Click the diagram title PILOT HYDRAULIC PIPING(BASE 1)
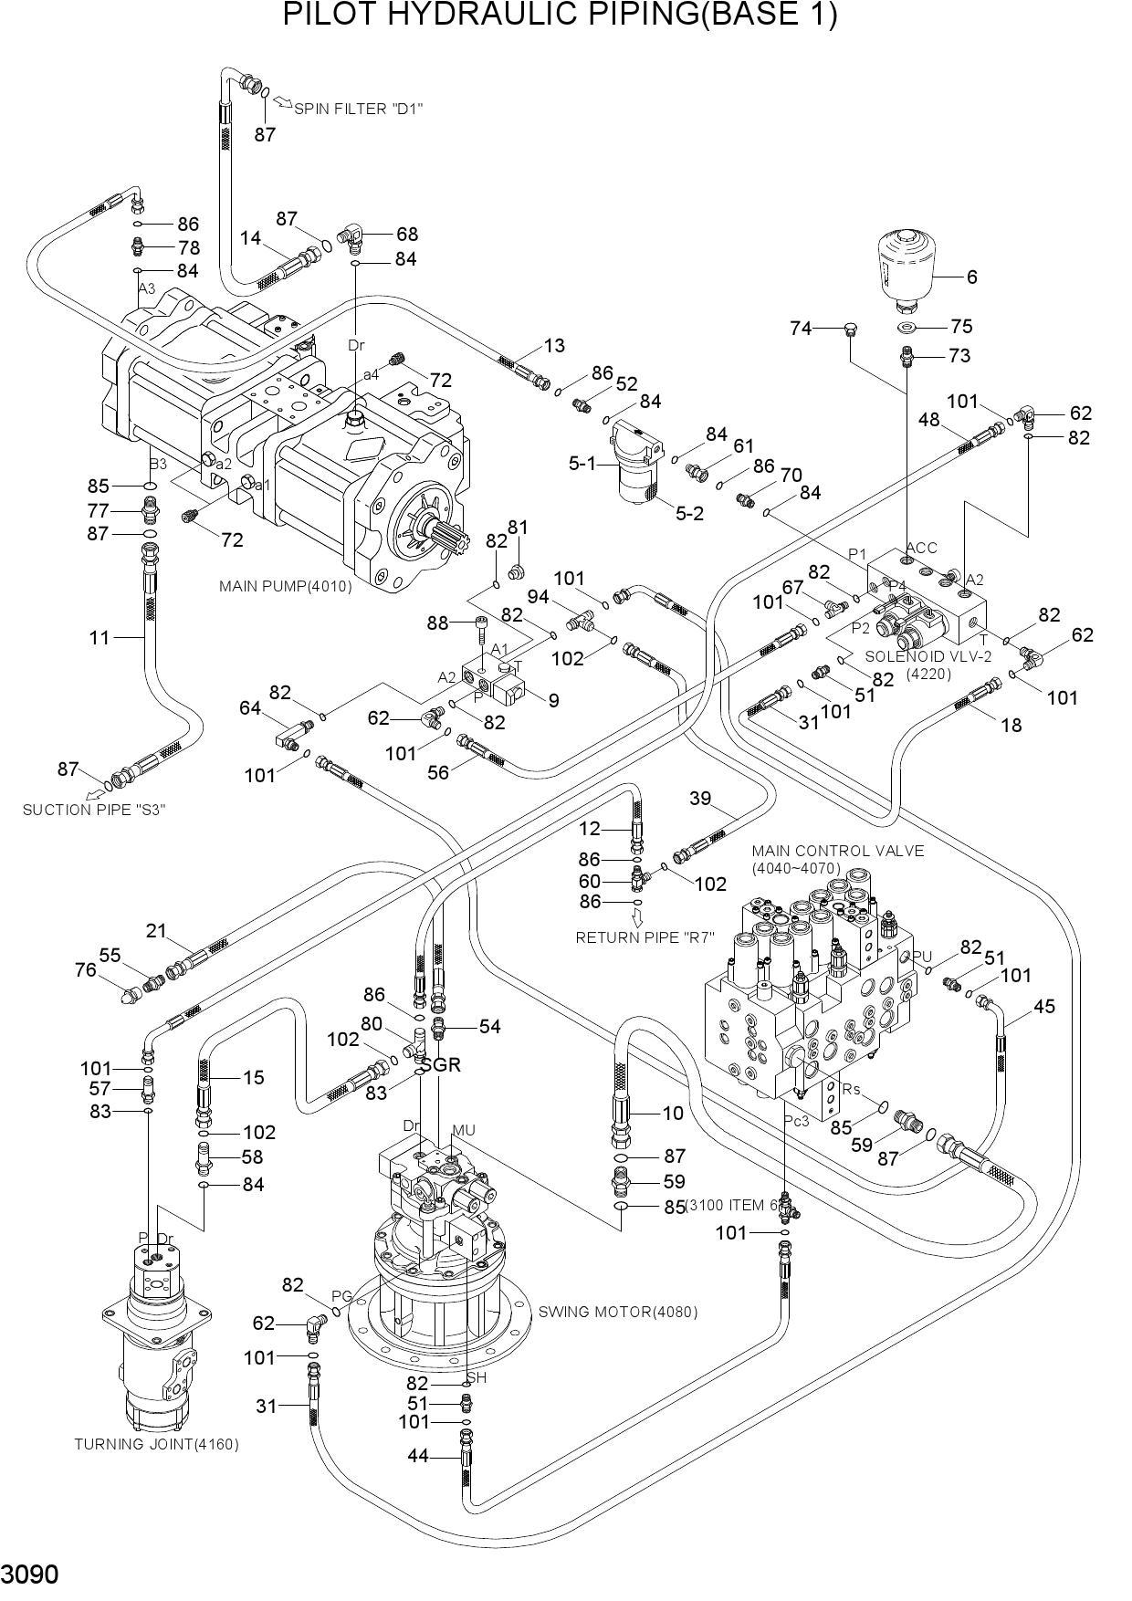click(560, 16)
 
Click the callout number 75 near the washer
click(961, 327)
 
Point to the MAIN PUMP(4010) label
click(285, 586)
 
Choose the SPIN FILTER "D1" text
click(358, 109)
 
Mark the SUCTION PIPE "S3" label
click(94, 809)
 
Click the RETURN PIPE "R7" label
click(645, 937)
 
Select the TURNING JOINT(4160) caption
click(156, 1444)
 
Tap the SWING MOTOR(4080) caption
click(618, 1312)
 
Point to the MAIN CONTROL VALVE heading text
click(837, 852)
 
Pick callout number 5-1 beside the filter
click(582, 464)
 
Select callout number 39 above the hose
click(700, 799)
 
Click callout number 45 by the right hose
click(1044, 1006)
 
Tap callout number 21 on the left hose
click(156, 931)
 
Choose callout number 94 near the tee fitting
click(539, 597)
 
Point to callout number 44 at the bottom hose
click(417, 1457)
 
